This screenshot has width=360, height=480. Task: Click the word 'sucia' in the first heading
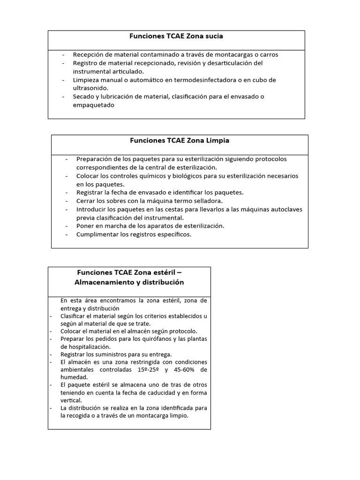(x=214, y=36)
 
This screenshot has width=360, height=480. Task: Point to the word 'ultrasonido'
(x=90, y=88)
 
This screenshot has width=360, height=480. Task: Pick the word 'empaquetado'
(x=94, y=105)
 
